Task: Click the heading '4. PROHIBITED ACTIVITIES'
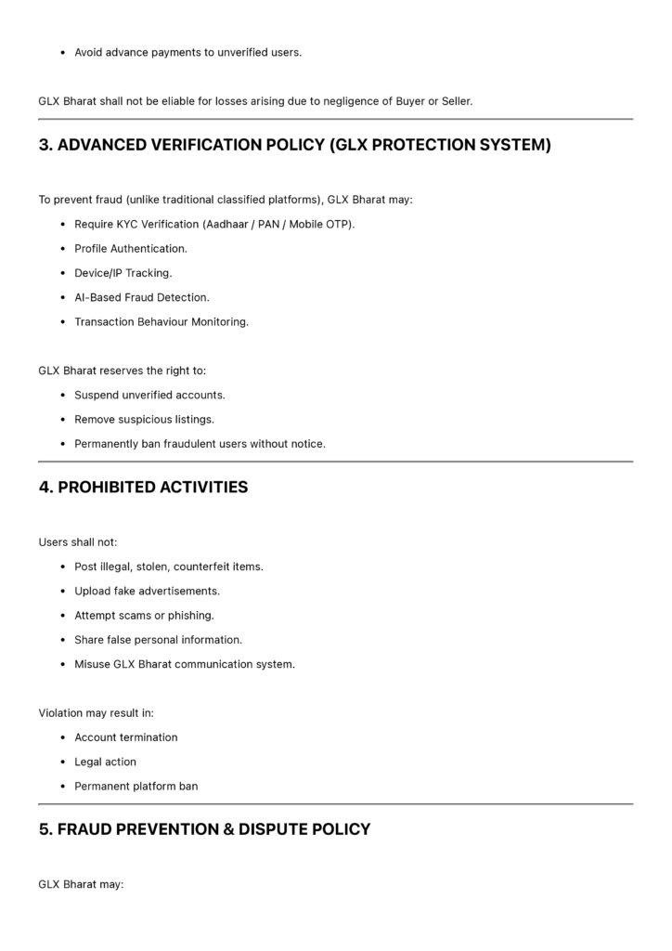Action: coord(143,487)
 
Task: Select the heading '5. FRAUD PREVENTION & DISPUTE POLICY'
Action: coord(204,828)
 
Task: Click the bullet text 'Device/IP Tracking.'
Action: coord(123,273)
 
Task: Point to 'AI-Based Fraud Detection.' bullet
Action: coord(141,297)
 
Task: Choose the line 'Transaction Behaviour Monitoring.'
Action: coord(162,322)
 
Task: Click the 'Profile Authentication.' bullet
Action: coord(130,249)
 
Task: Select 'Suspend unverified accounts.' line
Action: coord(149,395)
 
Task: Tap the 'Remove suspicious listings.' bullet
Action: coord(144,419)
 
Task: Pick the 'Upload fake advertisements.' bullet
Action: coord(147,591)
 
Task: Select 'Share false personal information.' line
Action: coord(158,640)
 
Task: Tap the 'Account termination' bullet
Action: coord(125,737)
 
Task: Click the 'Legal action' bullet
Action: coord(105,762)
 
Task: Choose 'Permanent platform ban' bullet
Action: coord(136,787)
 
